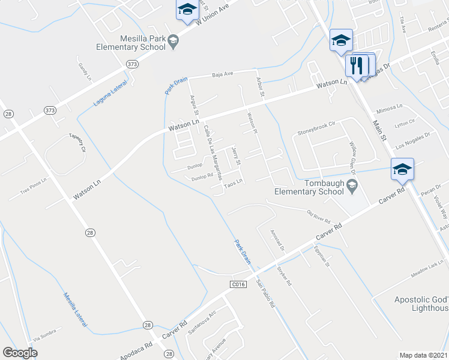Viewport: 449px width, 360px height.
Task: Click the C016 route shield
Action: pyautogui.click(x=238, y=283)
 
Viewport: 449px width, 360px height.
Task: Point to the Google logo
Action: pyautogui.click(x=20, y=353)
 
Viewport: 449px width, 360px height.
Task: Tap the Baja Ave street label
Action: pyautogui.click(x=221, y=74)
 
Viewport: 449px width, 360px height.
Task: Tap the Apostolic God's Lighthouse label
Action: pyautogui.click(x=421, y=304)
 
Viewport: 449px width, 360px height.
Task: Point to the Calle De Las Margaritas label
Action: pyautogui.click(x=213, y=152)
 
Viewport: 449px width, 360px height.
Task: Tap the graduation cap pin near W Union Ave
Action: pyautogui.click(x=187, y=10)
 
